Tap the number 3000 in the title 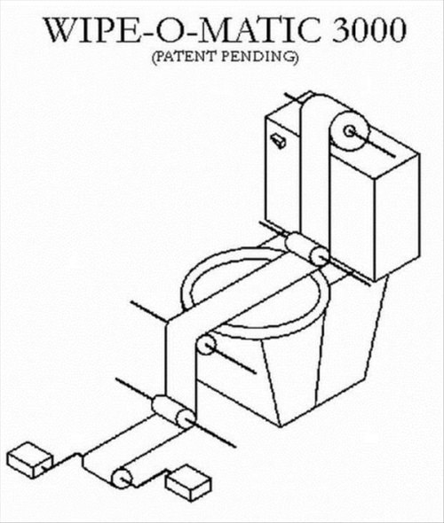pos(369,30)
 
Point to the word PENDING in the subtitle pos(260,57)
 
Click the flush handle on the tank pos(279,141)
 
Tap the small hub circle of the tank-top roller pos(350,131)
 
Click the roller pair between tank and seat pos(306,249)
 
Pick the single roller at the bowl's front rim pos(207,345)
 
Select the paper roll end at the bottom pos(122,479)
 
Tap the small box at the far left pos(30,460)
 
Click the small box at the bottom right pos(189,483)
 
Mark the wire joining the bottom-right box pos(151,478)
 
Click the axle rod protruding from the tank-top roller pos(372,144)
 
